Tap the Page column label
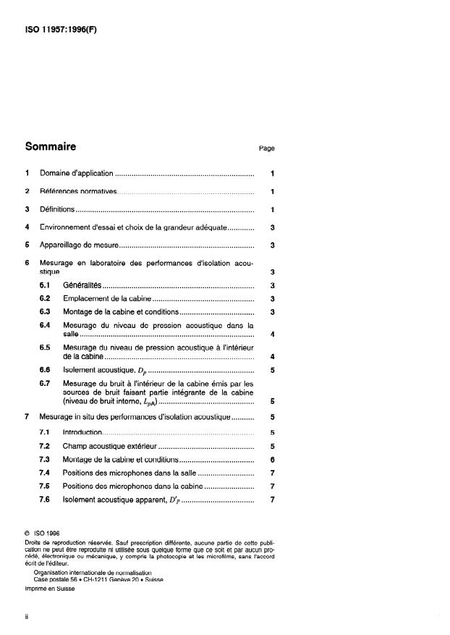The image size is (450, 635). coord(266,148)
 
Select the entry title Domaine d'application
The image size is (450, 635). coord(76,174)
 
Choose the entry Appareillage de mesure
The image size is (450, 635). coord(78,245)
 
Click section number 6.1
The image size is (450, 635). coord(45,285)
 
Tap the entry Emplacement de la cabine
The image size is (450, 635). coord(106,298)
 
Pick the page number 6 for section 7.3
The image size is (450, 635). coord(271,459)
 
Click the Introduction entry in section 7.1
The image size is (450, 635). coord(82,432)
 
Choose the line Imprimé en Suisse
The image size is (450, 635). coord(50,589)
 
